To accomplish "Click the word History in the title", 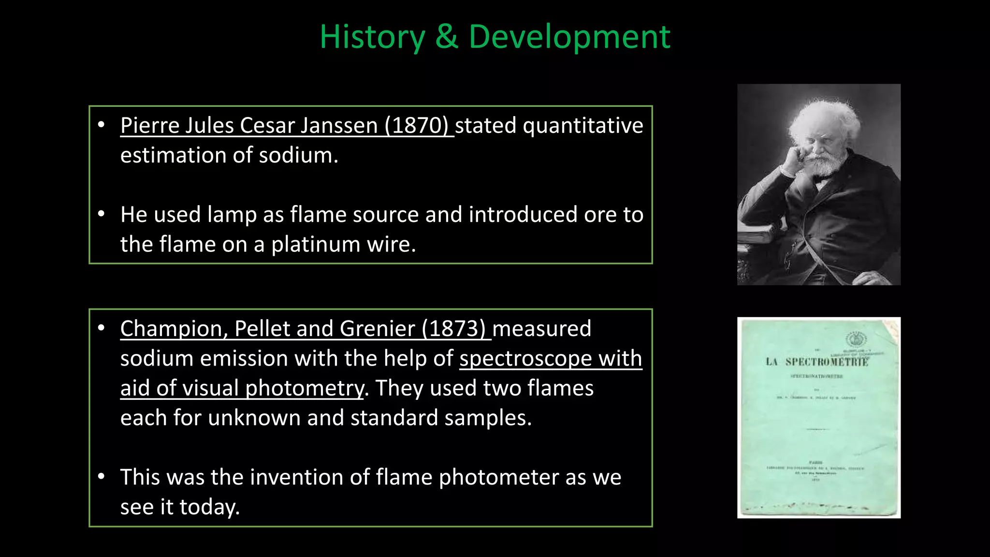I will [x=372, y=37].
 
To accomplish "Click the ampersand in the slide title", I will [x=447, y=37].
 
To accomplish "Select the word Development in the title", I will [x=569, y=37].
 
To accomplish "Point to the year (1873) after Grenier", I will [x=454, y=329].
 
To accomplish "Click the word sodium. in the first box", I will [x=298, y=156].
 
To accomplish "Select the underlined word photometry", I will [x=305, y=389].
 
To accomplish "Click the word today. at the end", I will [x=209, y=507].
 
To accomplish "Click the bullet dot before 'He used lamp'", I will [x=101, y=214].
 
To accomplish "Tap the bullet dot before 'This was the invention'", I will [x=101, y=477].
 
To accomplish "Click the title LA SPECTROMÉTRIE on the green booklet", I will [x=817, y=362].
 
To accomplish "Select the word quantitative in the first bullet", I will [x=582, y=126].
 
